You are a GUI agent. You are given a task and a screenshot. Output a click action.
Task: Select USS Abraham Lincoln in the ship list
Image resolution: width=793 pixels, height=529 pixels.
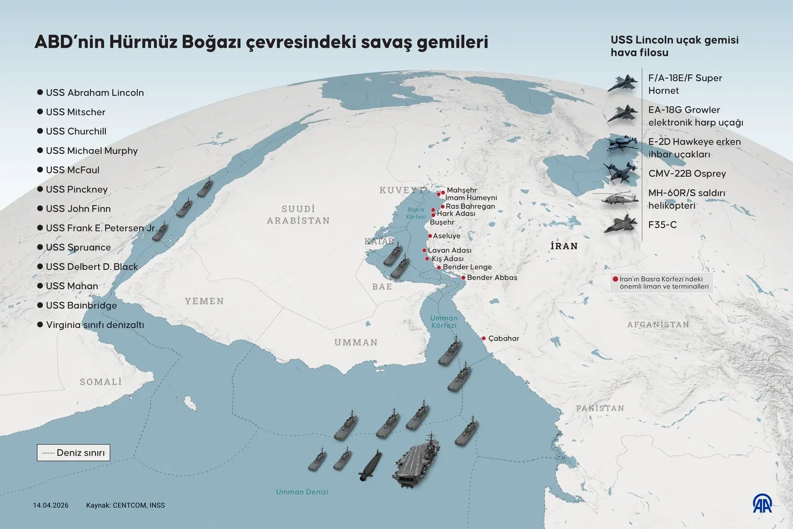(x=94, y=92)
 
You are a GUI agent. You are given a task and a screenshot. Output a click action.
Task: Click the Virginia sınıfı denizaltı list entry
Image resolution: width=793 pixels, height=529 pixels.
(x=95, y=324)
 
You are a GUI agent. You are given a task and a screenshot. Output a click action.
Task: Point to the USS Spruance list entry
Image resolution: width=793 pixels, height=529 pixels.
(x=78, y=247)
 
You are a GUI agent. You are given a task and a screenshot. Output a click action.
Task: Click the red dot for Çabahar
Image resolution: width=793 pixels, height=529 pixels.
(x=484, y=338)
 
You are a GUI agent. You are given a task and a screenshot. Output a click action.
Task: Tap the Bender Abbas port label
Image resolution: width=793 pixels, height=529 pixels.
(x=492, y=278)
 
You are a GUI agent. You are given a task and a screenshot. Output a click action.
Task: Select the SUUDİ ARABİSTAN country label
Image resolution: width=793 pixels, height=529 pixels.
(x=298, y=215)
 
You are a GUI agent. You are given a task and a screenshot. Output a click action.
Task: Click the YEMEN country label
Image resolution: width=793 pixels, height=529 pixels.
(x=204, y=301)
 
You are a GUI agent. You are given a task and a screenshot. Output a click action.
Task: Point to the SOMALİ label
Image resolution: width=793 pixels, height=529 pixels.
(x=100, y=382)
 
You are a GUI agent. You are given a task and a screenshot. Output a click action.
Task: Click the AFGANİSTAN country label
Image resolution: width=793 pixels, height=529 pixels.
(x=657, y=324)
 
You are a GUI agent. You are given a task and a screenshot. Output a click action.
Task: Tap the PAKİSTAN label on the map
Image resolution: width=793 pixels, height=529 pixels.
(x=600, y=408)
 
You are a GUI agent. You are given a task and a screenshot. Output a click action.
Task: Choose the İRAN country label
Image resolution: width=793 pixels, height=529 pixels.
(x=563, y=246)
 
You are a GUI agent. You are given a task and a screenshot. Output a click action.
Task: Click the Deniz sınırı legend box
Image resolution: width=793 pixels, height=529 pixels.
(x=73, y=453)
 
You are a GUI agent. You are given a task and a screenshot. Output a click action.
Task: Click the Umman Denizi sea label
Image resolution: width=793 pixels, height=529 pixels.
(x=302, y=492)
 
